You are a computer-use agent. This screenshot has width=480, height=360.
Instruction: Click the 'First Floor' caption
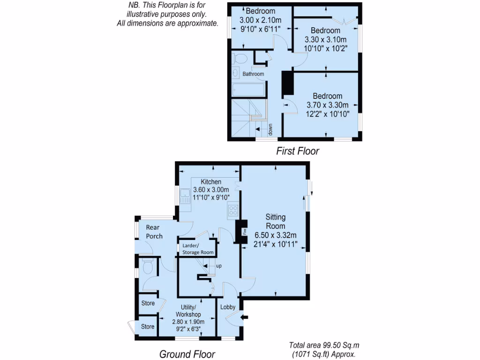click(298, 151)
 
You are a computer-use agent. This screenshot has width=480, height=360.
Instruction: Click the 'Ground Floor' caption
click(187, 353)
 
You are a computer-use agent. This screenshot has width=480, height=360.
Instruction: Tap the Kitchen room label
click(211, 181)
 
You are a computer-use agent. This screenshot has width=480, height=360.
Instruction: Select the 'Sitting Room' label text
click(275, 221)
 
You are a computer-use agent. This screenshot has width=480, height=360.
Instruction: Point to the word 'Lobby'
click(228, 307)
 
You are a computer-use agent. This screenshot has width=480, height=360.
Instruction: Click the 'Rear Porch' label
click(154, 232)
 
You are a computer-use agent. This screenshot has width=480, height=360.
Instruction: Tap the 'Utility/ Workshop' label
click(188, 310)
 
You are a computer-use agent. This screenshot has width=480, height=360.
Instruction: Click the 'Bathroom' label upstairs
click(253, 74)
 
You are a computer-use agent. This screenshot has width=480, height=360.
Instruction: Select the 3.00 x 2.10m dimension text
click(260, 20)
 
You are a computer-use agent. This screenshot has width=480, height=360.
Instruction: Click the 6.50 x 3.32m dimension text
click(276, 235)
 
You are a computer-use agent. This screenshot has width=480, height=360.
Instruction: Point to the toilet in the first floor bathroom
click(240, 59)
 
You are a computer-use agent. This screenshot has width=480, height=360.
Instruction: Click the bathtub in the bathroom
click(249, 90)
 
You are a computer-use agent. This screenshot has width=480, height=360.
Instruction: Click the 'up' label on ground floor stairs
click(218, 266)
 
